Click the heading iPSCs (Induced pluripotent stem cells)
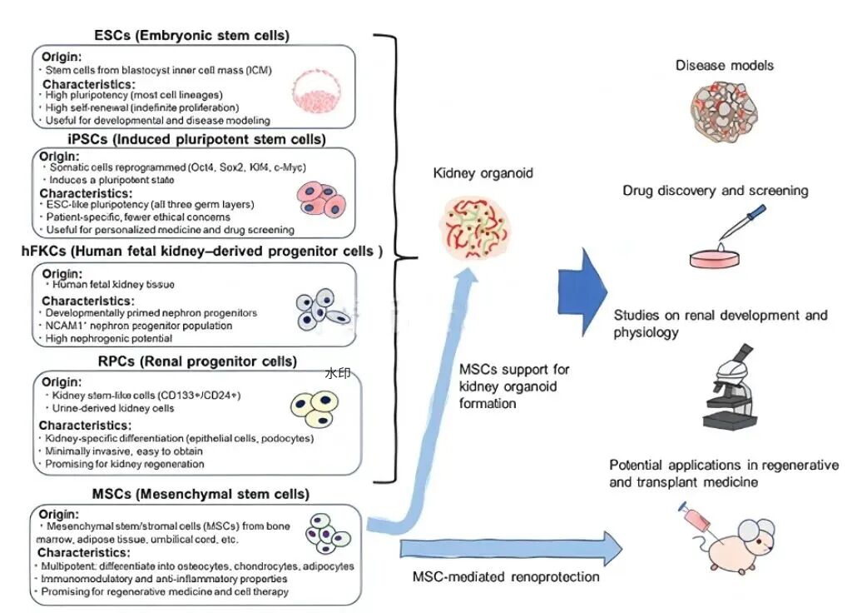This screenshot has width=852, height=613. click(196, 139)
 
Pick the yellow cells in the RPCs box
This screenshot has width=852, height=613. click(315, 410)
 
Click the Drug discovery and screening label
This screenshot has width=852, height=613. click(716, 191)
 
